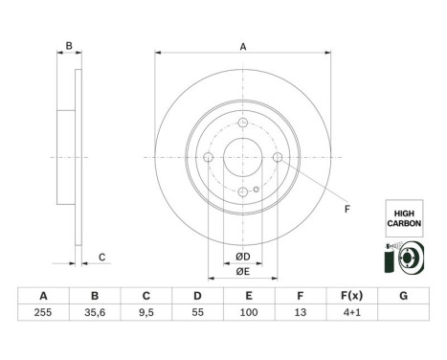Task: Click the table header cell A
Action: point(40,297)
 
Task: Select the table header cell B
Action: point(93,297)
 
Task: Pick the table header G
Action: point(406,297)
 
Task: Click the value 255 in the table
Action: point(40,313)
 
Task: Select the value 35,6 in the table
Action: point(93,313)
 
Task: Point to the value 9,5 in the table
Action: point(145,313)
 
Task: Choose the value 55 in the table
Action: point(197,313)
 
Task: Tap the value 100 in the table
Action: point(249,313)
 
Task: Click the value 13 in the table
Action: point(302,313)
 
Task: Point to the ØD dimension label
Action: point(243,256)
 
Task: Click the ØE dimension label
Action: point(243,272)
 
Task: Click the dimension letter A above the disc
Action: point(243,46)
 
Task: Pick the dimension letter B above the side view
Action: point(68,44)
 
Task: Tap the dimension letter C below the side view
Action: point(101,256)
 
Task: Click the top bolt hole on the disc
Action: point(243,123)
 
